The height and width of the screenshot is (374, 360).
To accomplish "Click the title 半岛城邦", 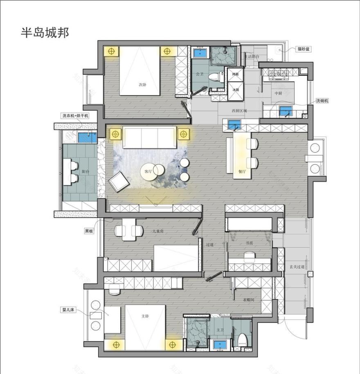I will (x=45, y=32).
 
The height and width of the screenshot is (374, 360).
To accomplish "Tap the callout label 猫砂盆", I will (x=304, y=49).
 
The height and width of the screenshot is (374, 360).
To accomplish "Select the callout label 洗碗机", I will (x=322, y=101).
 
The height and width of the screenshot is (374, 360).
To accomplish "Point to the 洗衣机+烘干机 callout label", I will (x=75, y=116).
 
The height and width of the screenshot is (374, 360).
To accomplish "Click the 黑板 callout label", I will (x=89, y=231).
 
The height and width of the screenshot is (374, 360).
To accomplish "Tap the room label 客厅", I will (x=148, y=172).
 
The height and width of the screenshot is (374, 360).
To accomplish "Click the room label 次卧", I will (x=142, y=85).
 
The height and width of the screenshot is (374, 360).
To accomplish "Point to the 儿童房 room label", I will (x=157, y=231).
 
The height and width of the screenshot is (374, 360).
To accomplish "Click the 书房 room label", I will (x=249, y=243).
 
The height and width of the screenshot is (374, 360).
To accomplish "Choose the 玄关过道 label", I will (x=297, y=267).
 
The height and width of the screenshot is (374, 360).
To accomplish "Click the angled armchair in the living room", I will (x=118, y=181).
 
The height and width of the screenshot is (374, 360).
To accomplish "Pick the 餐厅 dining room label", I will (x=242, y=172).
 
